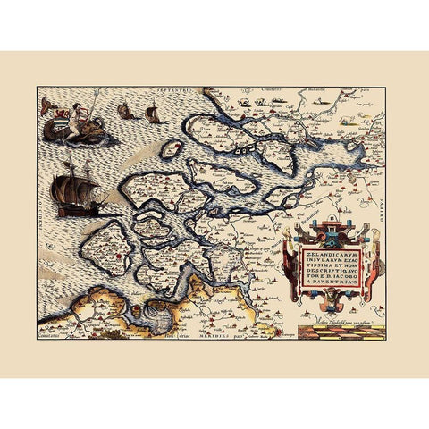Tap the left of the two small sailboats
(x=127, y=114)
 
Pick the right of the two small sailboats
(x=152, y=114)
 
